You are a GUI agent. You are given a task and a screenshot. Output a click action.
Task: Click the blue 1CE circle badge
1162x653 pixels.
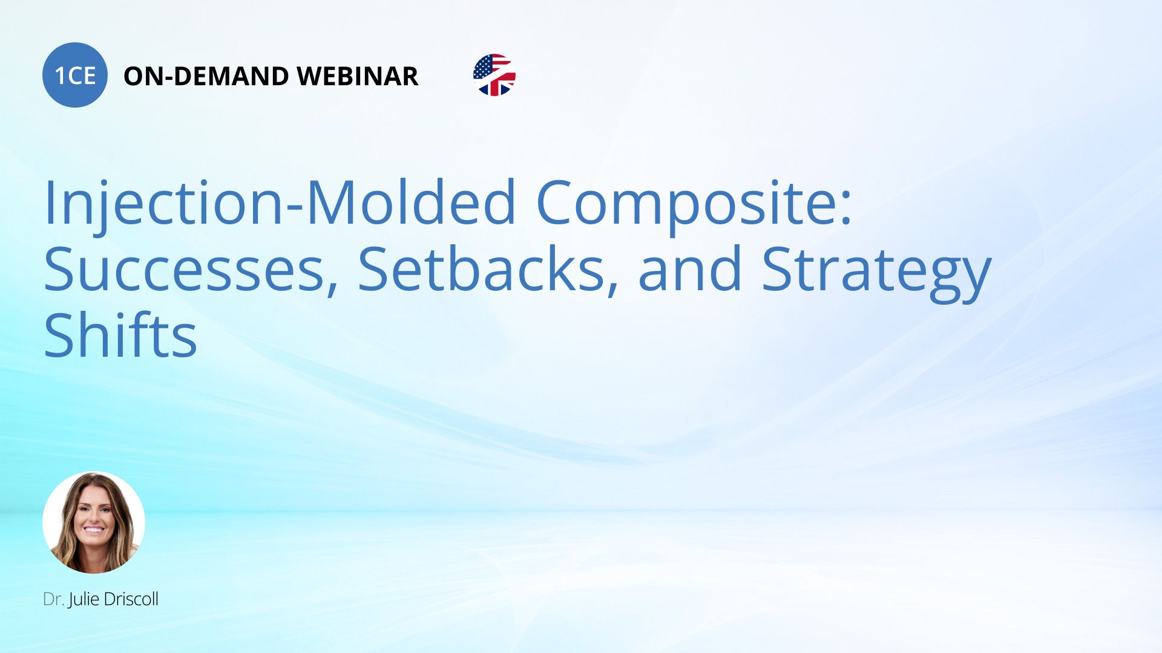(x=75, y=75)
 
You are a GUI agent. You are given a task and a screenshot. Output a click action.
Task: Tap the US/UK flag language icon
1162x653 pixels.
(x=494, y=75)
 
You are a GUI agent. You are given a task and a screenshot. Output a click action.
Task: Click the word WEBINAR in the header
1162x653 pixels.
(x=358, y=76)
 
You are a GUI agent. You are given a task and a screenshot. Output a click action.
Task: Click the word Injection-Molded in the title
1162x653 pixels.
(x=280, y=203)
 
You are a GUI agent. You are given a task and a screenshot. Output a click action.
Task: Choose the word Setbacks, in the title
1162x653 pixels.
(x=488, y=270)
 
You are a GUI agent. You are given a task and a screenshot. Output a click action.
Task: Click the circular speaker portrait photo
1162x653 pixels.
(x=94, y=522)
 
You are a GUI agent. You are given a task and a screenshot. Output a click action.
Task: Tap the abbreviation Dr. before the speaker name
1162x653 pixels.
(x=53, y=599)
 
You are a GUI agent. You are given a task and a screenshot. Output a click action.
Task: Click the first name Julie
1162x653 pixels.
(x=84, y=600)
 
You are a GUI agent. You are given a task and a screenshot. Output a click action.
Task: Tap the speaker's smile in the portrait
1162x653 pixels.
(x=93, y=530)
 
